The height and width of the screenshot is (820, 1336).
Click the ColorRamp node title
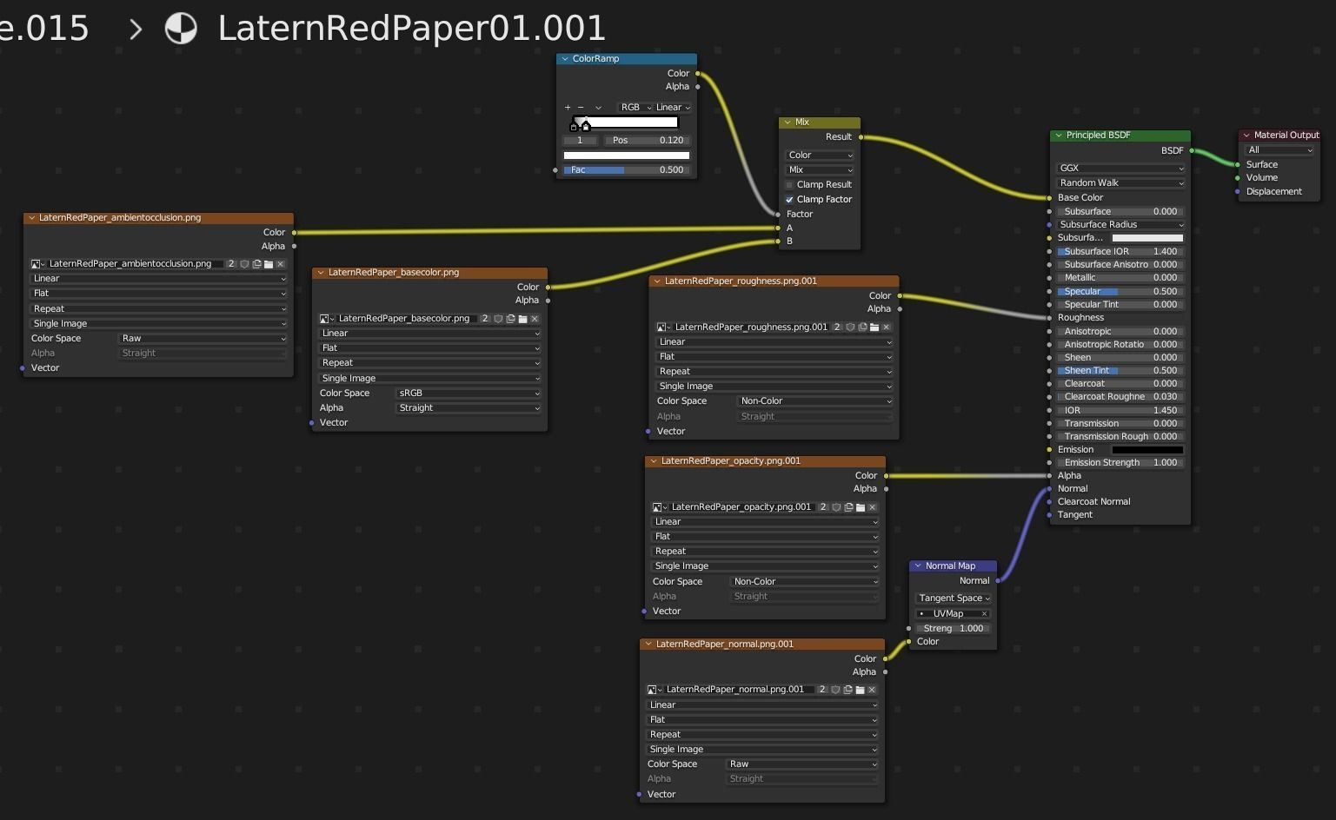(596, 59)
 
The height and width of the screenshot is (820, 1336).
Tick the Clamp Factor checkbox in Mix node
(789, 200)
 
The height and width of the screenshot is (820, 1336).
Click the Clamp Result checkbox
(789, 185)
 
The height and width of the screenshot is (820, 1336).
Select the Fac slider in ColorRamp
(626, 170)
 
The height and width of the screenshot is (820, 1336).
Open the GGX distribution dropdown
(1120, 169)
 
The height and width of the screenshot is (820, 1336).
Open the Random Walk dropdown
(1120, 183)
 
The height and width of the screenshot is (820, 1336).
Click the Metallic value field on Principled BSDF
(1120, 278)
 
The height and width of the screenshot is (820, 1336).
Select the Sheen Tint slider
(1120, 371)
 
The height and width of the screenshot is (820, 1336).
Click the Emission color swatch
(1147, 450)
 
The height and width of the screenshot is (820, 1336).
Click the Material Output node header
(1286, 136)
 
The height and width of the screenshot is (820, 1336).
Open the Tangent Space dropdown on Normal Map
(954, 598)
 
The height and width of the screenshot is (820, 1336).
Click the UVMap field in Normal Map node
(954, 614)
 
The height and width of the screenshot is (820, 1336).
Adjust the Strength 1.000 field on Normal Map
(954, 629)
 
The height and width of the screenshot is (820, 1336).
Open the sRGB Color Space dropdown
(469, 393)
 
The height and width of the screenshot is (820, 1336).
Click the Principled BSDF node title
(1099, 136)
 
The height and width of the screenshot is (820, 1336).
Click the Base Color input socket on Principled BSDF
(1050, 198)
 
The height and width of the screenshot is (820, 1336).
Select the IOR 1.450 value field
(1120, 411)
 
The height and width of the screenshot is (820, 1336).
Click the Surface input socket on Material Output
(1238, 165)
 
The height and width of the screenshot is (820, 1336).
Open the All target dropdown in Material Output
(1280, 150)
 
